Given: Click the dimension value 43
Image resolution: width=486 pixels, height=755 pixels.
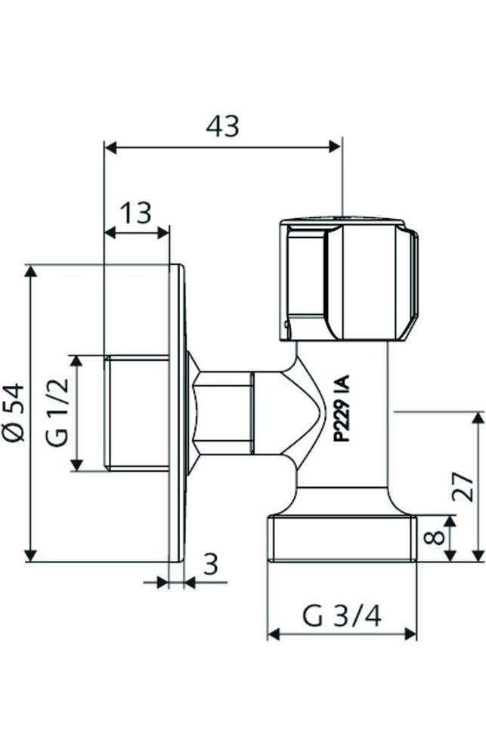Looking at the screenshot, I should click(222, 126).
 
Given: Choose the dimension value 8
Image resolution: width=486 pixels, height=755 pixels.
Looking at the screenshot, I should click(432, 538).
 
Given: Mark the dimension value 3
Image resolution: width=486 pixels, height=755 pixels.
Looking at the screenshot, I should click(211, 564).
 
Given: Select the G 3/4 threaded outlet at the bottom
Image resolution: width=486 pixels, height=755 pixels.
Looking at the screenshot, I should click(341, 538).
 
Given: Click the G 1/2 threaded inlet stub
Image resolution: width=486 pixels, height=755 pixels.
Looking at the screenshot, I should click(136, 413).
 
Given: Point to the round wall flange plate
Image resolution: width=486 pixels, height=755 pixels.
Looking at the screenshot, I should click(177, 413).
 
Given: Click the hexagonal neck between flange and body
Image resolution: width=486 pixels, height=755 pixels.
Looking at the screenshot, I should click(223, 413).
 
